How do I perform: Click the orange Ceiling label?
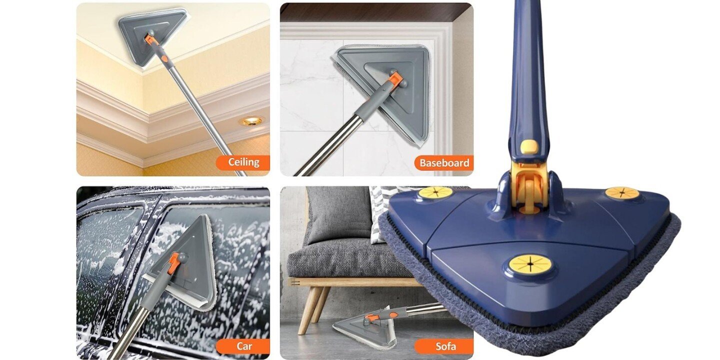point(242,162)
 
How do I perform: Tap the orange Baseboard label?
point(444,163)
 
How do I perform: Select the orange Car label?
point(243,346)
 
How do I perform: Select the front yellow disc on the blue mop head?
point(530,264)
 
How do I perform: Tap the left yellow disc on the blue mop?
point(435,192)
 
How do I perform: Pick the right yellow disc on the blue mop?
point(622,193)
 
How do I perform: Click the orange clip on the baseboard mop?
point(394,79)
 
